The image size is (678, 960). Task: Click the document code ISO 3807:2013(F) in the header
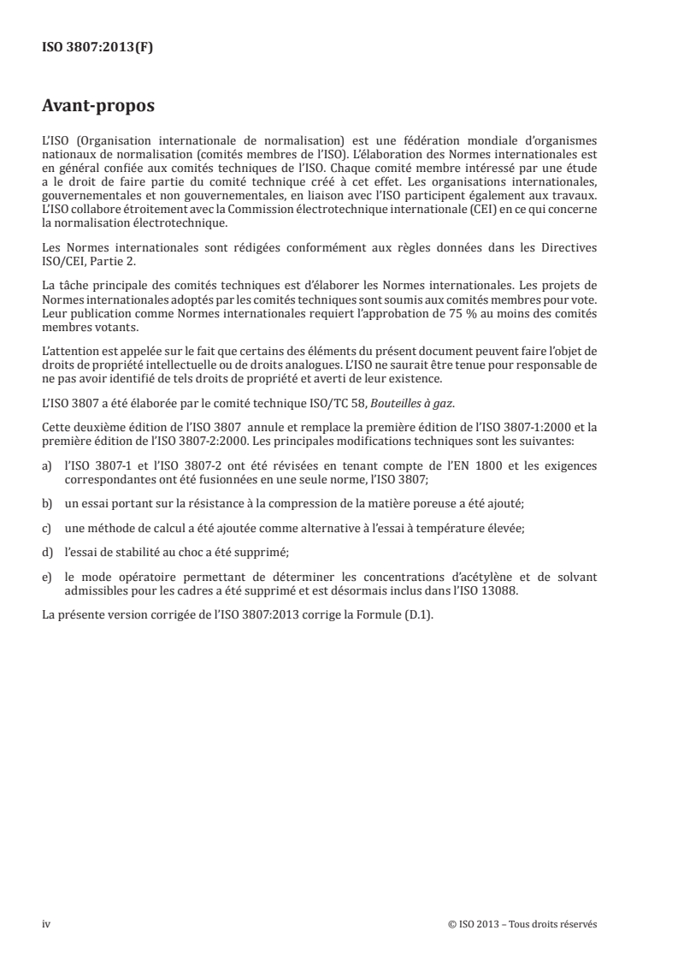click(98, 48)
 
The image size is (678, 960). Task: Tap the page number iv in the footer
click(46, 924)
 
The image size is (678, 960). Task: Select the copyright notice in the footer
click(522, 924)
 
